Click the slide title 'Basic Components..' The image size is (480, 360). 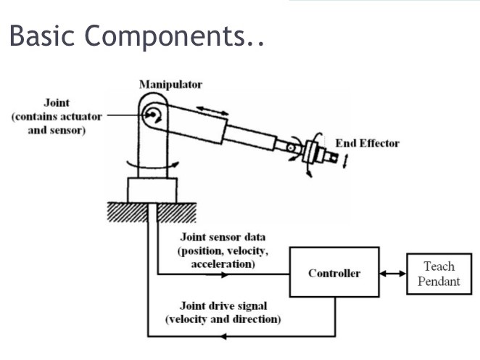[x=136, y=36]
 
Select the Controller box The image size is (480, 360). [x=334, y=273]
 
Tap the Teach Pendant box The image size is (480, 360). [x=439, y=274]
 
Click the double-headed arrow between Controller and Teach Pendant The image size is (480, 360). [x=392, y=274]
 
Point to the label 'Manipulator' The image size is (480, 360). [x=170, y=84]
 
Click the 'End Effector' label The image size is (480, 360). [x=367, y=143]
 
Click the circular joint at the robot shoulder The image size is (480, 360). [x=152, y=114]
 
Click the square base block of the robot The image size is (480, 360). [x=152, y=189]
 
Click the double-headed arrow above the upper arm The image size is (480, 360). [x=212, y=110]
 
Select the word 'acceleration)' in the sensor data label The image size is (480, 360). [x=223, y=264]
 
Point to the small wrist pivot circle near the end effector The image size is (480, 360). [x=291, y=148]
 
